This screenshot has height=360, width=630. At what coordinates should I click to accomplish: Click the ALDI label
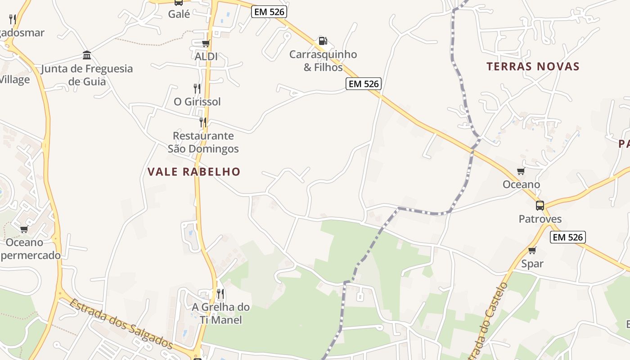click(x=206, y=57)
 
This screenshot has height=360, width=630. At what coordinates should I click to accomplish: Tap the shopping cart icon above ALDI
click(x=206, y=44)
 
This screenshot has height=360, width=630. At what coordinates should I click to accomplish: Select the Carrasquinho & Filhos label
click(x=323, y=61)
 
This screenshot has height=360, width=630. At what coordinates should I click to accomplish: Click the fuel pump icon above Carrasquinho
click(x=323, y=41)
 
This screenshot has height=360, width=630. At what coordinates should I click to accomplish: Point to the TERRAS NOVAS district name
click(x=533, y=67)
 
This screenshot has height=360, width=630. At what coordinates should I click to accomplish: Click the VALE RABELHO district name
click(x=194, y=171)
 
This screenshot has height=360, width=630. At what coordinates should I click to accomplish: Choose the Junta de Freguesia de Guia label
click(x=87, y=75)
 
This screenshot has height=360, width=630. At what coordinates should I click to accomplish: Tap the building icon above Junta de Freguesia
click(x=87, y=55)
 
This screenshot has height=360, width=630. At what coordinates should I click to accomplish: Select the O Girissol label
click(x=197, y=102)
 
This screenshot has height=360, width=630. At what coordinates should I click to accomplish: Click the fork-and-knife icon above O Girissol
click(x=197, y=88)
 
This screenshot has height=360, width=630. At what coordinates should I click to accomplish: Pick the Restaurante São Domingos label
click(x=203, y=142)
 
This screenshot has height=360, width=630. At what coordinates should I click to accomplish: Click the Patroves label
click(x=540, y=219)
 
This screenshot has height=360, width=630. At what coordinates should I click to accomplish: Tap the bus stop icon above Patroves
click(x=540, y=206)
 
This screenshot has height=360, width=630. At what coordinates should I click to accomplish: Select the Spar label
click(x=532, y=264)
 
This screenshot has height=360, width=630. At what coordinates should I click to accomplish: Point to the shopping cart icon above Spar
click(x=532, y=250)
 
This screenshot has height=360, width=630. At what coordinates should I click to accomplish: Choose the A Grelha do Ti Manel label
click(x=220, y=313)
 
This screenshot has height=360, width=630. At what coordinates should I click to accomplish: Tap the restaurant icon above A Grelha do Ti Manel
click(x=220, y=294)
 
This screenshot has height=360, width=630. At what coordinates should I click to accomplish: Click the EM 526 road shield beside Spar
click(x=567, y=237)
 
